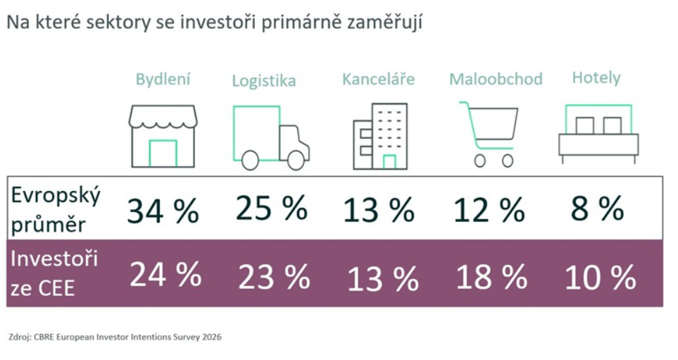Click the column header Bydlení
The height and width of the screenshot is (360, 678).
click(163, 79)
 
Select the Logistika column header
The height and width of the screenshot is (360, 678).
click(264, 81)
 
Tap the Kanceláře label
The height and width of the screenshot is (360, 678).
click(378, 79)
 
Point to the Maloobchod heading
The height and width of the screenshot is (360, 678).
click(496, 79)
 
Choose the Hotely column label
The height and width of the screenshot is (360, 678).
click(596, 77)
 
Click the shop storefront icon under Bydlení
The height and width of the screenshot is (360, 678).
click(163, 137)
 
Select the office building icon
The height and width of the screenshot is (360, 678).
click(380, 137)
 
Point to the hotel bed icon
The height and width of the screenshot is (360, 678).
click(598, 133)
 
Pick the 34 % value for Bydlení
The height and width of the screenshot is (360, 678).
click(163, 211)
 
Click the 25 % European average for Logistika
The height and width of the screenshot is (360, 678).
click(271, 208)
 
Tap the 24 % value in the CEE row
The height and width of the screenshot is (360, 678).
click(165, 275)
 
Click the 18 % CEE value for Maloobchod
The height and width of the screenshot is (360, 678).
click(491, 278)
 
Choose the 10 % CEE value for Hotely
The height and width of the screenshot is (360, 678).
click(600, 278)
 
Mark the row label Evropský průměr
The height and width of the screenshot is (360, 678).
click(56, 209)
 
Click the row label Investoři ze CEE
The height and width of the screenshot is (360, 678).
click(55, 273)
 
